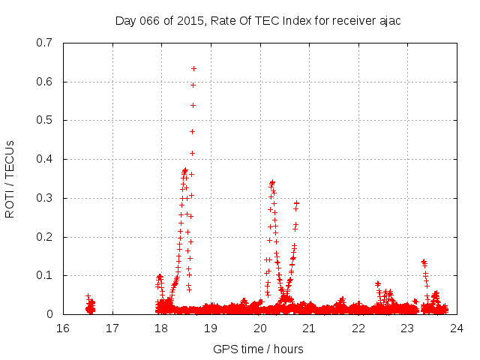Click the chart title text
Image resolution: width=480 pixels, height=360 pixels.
(258, 20)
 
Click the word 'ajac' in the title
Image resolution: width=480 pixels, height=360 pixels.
(388, 20)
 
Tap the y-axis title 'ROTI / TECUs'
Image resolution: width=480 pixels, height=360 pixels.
(10, 178)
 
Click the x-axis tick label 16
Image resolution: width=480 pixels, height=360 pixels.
(63, 328)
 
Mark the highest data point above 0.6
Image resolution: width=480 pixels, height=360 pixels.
(193, 68)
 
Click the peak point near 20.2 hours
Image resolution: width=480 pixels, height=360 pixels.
(272, 181)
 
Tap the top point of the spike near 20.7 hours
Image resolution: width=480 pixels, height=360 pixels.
(296, 202)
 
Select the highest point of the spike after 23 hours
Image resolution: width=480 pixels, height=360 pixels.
(423, 261)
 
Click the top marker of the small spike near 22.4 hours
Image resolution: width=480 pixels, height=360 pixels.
(377, 283)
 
